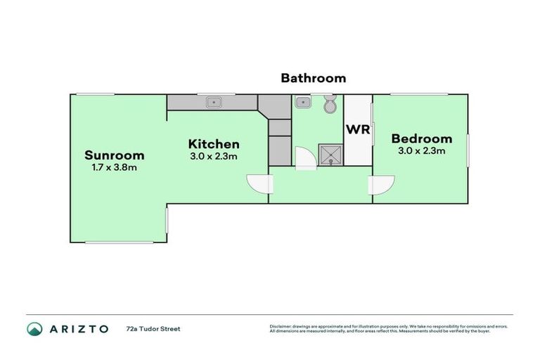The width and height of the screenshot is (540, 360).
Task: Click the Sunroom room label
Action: coord(114,155)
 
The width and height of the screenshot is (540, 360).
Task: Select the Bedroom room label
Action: coord(422,139)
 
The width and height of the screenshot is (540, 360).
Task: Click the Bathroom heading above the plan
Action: coord(314,78)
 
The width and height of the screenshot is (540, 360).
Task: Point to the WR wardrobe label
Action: coord(357,131)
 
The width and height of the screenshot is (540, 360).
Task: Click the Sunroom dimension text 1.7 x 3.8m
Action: coord(114,168)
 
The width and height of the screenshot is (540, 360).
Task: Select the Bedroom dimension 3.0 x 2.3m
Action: coord(422,150)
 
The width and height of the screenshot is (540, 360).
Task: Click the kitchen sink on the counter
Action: coord(214,103)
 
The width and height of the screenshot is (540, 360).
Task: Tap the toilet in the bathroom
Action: coord(330,105)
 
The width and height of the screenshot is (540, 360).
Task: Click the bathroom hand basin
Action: coord(303,103)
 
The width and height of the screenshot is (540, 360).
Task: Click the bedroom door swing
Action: coord(380,184)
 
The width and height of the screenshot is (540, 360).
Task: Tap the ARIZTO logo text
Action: coord(77,328)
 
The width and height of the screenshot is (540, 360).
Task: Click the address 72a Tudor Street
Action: coord(153,328)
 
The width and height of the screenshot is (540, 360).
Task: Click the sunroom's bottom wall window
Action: coord(119,243)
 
